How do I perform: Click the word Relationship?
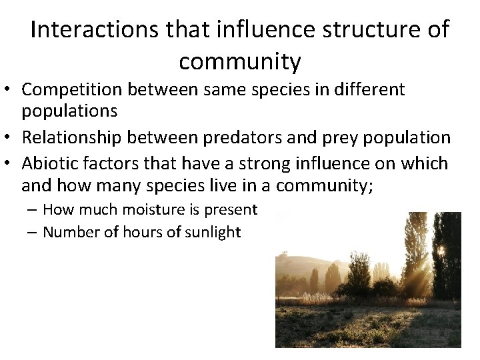(70, 137)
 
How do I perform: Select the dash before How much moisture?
(33, 210)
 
